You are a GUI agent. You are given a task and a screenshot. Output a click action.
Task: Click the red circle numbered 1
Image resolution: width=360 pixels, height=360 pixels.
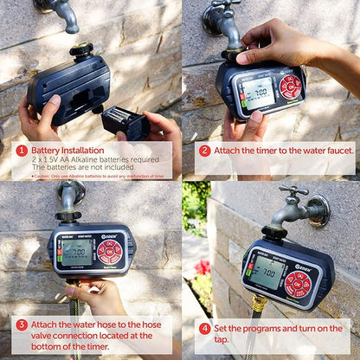(22, 151)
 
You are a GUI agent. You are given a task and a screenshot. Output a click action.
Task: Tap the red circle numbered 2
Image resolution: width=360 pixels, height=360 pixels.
(204, 151)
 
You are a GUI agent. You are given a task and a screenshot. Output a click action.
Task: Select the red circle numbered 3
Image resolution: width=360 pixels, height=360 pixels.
(22, 325)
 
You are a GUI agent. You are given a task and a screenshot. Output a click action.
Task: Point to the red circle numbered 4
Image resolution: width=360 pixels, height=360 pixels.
(204, 329)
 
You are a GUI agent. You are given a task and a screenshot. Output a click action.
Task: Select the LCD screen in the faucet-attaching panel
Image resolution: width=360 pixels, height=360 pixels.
(258, 93)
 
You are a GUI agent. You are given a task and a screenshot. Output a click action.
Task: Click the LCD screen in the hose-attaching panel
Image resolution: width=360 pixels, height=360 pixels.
(78, 252)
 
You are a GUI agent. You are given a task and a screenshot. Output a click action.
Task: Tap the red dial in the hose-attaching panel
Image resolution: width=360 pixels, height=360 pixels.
(110, 252)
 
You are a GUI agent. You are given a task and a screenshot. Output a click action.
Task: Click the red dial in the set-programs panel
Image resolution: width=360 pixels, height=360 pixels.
(297, 283)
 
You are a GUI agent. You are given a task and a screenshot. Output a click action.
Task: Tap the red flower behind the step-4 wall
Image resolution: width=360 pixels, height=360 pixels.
(203, 267)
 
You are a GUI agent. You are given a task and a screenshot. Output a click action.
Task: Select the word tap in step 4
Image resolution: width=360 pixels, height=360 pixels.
(226, 339)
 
